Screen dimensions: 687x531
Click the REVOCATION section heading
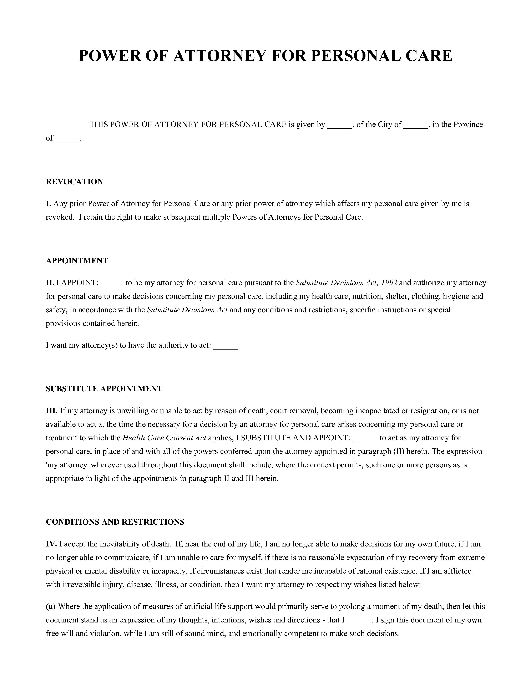click(74, 182)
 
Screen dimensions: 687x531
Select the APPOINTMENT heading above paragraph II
click(77, 261)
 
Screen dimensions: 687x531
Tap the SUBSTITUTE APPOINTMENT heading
click(104, 389)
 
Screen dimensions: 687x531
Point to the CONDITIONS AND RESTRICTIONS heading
click(115, 522)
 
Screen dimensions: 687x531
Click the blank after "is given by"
click(340, 126)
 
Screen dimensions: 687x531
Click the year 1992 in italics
click(389, 283)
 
